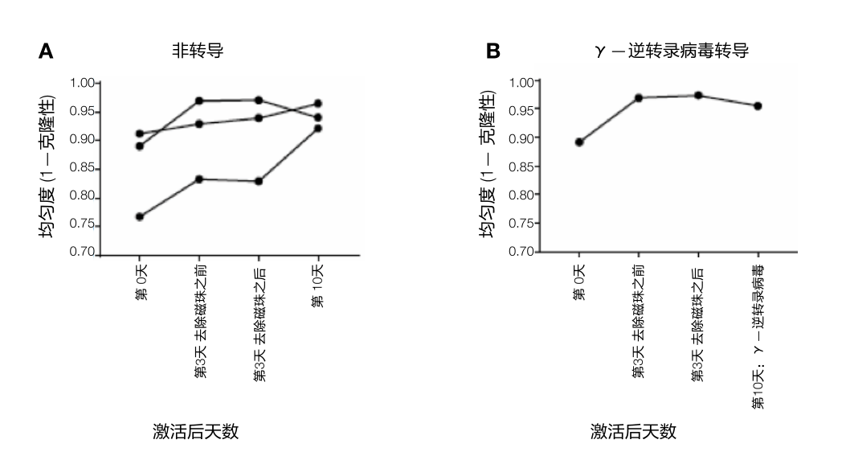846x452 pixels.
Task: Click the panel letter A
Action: (47, 52)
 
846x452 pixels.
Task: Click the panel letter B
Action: (492, 52)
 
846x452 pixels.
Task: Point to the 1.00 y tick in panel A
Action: (83, 83)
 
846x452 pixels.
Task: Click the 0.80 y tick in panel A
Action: (83, 198)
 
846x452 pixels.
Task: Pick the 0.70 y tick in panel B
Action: (523, 252)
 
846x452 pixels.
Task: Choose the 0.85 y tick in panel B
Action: (523, 166)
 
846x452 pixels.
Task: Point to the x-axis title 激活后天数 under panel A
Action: (196, 432)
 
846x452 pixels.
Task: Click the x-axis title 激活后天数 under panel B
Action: (634, 432)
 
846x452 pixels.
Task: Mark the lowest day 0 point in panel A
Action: (140, 216)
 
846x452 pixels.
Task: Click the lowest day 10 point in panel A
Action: (317, 129)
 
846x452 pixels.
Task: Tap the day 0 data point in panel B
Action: (578, 142)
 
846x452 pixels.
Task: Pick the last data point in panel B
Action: (758, 106)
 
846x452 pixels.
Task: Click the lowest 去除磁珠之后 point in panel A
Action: (258, 181)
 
